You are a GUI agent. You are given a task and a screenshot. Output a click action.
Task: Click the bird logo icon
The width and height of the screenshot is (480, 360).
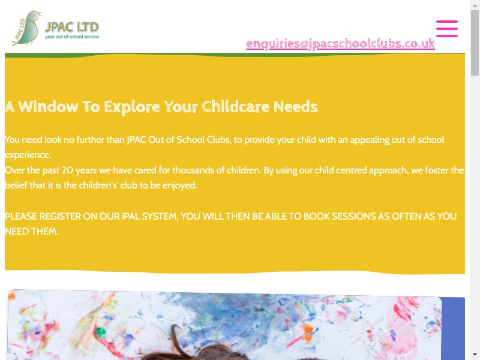[26, 28]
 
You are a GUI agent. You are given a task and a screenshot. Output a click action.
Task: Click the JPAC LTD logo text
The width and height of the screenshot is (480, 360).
[72, 27]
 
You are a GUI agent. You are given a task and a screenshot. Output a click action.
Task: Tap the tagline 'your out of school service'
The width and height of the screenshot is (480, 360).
[72, 37]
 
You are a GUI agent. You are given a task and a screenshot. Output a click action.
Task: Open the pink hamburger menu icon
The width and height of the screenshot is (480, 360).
[447, 29]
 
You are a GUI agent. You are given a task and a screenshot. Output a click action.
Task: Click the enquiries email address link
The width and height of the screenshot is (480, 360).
[340, 44]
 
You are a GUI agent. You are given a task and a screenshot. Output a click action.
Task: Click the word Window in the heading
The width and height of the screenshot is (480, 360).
[49, 107]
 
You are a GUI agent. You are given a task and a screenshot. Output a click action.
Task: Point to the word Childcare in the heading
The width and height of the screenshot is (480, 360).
[235, 107]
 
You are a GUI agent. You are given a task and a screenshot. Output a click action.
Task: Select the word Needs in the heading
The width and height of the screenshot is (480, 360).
[296, 107]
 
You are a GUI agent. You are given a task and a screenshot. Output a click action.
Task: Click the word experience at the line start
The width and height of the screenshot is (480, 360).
[28, 155]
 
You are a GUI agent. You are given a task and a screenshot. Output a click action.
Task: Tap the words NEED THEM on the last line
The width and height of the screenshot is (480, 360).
[32, 232]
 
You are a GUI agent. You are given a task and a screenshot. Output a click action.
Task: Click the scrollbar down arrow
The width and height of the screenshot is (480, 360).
[475, 355]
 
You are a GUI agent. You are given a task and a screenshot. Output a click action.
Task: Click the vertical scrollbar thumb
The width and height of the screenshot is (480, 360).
[475, 43]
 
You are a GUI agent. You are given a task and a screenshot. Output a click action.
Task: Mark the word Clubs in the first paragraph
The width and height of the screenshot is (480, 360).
[218, 140]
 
